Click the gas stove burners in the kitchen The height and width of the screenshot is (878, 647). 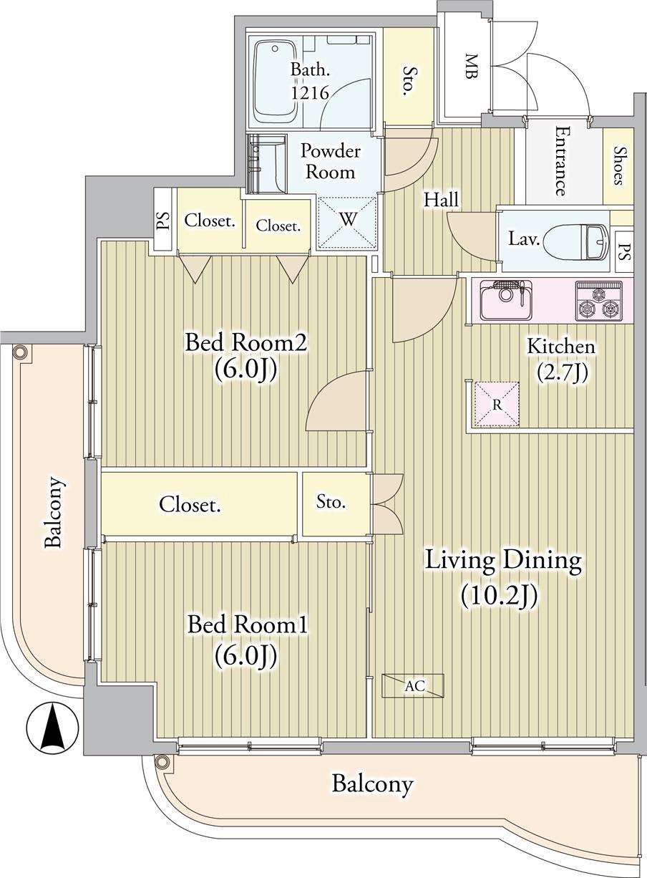598,299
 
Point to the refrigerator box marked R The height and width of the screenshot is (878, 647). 497,404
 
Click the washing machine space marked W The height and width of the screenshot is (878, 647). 347,223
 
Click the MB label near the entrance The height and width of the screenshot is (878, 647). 472,67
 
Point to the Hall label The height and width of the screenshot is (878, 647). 442,200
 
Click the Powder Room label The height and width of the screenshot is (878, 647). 330,162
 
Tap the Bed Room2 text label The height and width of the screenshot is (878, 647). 246,342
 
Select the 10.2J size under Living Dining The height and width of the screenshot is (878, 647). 498,596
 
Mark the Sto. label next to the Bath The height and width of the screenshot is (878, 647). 409,81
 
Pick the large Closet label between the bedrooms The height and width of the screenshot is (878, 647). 190,505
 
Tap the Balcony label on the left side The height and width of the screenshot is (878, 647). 53,511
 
